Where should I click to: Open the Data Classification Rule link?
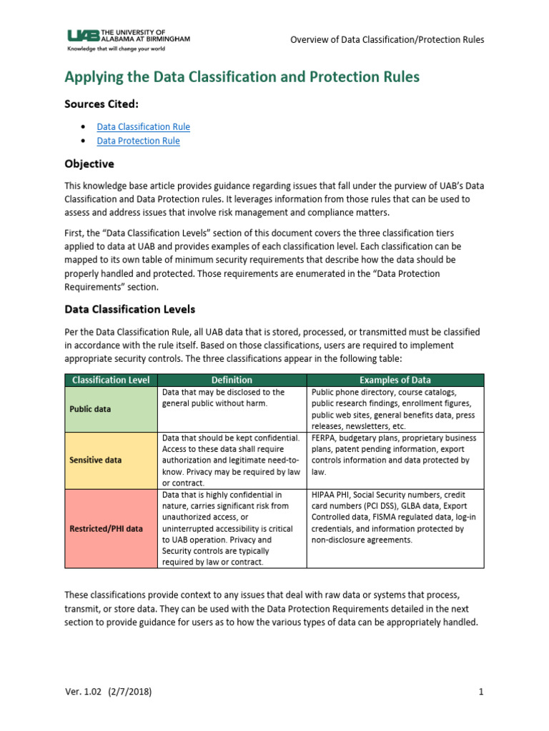pos(143,126)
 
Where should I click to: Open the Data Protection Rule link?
pos(138,141)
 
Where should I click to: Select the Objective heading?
pos(89,163)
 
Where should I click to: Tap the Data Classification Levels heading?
pos(129,309)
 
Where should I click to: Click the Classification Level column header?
pos(111,380)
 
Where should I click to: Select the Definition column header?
pos(232,380)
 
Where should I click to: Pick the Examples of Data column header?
pos(395,380)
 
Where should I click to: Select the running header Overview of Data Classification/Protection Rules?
pos(387,39)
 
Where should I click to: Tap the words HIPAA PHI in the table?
pos(332,494)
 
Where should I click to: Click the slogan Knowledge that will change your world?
pos(116,50)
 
